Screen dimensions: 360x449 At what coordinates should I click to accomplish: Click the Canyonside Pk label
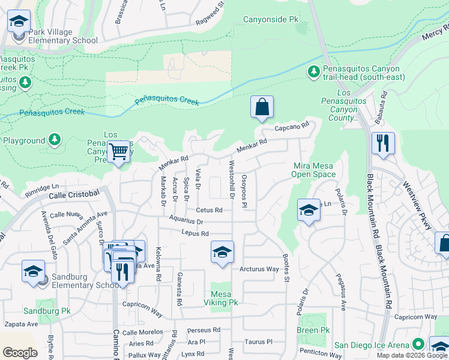270,20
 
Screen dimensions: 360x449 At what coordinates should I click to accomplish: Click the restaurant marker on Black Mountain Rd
382,144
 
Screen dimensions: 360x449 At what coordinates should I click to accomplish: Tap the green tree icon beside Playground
55,140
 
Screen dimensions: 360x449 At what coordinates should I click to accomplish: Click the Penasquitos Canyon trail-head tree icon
313,72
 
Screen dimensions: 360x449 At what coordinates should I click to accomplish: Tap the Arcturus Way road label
259,269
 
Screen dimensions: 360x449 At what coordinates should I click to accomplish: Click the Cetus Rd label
209,210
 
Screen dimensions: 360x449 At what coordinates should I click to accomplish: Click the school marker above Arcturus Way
221,252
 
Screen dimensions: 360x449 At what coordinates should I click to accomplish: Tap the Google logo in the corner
20,352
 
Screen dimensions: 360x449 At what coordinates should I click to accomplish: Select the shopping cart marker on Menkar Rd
118,152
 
